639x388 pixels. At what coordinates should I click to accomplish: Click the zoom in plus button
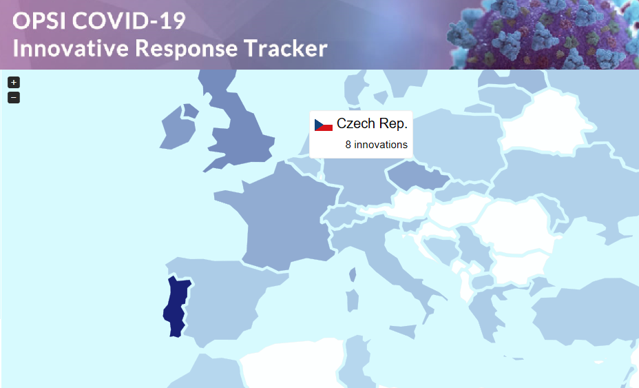14,82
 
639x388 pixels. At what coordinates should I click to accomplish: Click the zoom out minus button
14,97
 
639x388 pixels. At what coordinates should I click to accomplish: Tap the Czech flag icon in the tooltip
324,125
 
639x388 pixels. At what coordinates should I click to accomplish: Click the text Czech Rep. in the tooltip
372,124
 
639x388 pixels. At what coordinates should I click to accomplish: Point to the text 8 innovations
376,145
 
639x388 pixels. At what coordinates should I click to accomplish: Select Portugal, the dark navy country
176,307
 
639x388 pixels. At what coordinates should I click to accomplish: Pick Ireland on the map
180,131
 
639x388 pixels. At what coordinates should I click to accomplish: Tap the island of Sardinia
352,300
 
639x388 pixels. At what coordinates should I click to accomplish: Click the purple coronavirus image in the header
544,34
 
